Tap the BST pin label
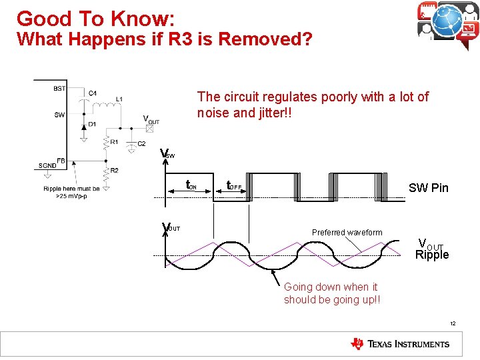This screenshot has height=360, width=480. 59,88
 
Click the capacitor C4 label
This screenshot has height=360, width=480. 93,93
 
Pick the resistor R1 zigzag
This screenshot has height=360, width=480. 107,142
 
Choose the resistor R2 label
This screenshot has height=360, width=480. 115,171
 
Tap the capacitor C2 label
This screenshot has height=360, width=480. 142,144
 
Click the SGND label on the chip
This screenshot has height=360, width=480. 47,165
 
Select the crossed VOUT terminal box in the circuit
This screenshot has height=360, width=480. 149,129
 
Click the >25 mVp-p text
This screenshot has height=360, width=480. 71,196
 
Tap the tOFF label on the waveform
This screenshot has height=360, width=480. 234,186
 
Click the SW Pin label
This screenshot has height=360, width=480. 428,188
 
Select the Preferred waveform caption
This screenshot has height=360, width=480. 347,233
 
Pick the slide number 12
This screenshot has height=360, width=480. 452,323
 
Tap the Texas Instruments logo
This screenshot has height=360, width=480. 400,344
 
